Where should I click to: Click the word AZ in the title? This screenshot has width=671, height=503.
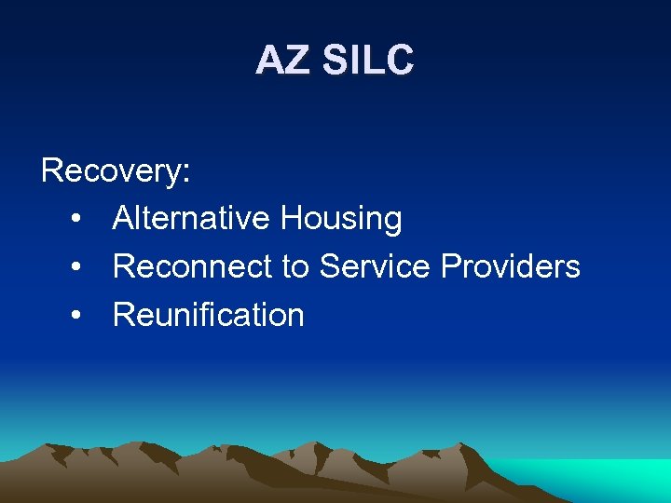pos(281,61)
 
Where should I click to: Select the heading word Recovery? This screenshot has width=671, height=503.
pos(111,170)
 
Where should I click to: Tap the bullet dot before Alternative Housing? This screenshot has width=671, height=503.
pos(75,220)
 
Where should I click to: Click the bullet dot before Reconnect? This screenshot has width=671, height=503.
pos(75,268)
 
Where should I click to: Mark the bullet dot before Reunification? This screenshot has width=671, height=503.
pos(75,317)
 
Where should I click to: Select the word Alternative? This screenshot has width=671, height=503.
pos(192,219)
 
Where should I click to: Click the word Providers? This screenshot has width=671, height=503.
pos(511,267)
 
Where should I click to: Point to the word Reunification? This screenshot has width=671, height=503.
pos(209,316)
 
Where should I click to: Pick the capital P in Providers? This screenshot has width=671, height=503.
pos(452,267)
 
